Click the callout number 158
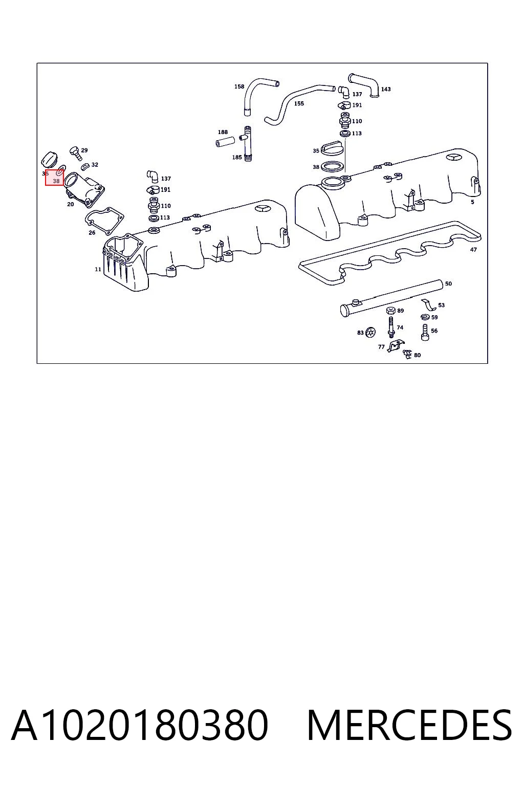pyautogui.click(x=239, y=86)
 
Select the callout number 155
pyautogui.click(x=299, y=103)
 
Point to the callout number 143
pyautogui.click(x=386, y=89)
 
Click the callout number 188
pyautogui.click(x=223, y=132)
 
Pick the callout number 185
pyautogui.click(x=237, y=157)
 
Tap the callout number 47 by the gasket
pyautogui.click(x=473, y=250)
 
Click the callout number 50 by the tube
pyautogui.click(x=449, y=283)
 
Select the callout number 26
pyautogui.click(x=92, y=232)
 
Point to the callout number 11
pyautogui.click(x=98, y=269)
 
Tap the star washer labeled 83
pyautogui.click(x=370, y=332)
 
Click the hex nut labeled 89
pyautogui.click(x=390, y=310)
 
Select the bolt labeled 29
pyautogui.click(x=75, y=154)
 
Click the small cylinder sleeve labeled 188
pyautogui.click(x=225, y=141)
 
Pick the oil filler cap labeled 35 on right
pyautogui.click(x=332, y=149)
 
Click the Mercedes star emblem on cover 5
pyautogui.click(x=454, y=158)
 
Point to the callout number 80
pyautogui.click(x=417, y=355)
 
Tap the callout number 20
pyautogui.click(x=71, y=204)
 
